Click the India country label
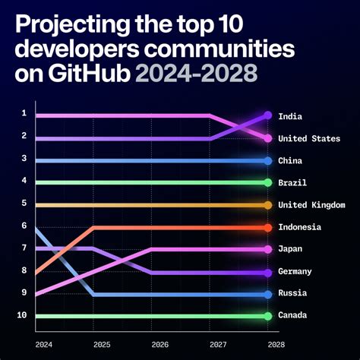289,116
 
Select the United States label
309,138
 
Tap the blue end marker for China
268,161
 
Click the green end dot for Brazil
268,183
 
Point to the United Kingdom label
311,205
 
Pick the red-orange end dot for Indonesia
268,227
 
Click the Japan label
289,249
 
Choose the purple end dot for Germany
268,272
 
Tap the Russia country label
292,294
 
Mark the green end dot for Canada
268,316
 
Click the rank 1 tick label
24,113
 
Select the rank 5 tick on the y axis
24,203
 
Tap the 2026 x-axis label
160,344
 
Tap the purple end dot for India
268,115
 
